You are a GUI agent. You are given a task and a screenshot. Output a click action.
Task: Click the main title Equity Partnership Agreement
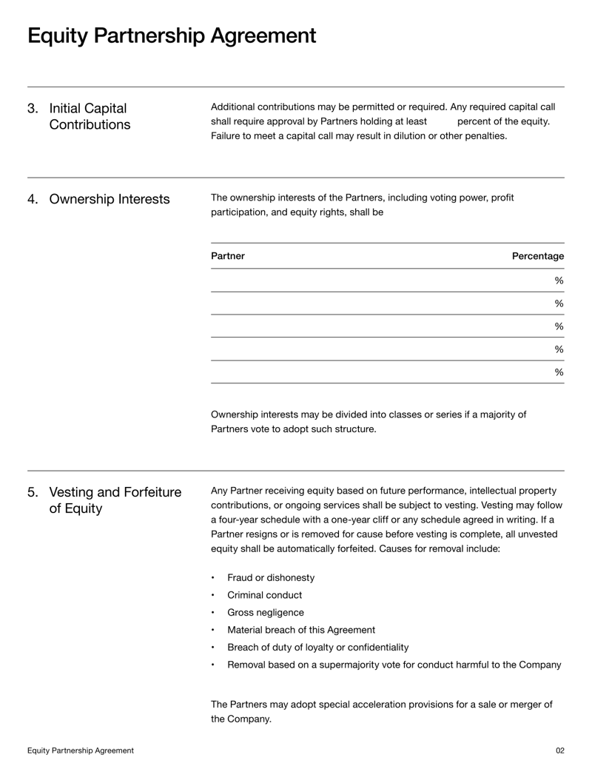172,36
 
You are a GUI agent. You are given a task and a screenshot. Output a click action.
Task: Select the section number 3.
33,108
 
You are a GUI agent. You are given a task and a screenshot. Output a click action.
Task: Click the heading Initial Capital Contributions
89,116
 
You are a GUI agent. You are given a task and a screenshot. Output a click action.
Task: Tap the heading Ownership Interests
109,199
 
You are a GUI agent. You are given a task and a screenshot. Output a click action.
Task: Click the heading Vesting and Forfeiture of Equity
115,500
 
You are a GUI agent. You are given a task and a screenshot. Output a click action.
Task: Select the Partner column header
227,256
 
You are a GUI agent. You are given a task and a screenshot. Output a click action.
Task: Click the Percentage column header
537,256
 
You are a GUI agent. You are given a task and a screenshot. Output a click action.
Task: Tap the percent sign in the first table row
559,280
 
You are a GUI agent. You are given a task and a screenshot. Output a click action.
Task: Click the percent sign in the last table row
559,372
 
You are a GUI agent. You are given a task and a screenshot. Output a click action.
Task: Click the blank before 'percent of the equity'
442,121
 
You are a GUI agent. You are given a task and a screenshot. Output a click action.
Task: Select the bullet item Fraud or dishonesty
271,577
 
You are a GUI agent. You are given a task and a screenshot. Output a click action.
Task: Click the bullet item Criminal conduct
264,595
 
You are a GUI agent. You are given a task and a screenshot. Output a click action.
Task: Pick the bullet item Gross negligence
265,613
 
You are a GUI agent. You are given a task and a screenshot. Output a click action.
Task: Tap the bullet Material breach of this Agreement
300,630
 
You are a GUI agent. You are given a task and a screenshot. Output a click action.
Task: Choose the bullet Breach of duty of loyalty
317,648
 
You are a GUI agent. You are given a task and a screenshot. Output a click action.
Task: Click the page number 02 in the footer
559,750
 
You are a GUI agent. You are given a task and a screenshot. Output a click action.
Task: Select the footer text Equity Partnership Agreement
81,750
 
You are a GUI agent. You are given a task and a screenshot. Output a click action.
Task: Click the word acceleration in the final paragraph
362,704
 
